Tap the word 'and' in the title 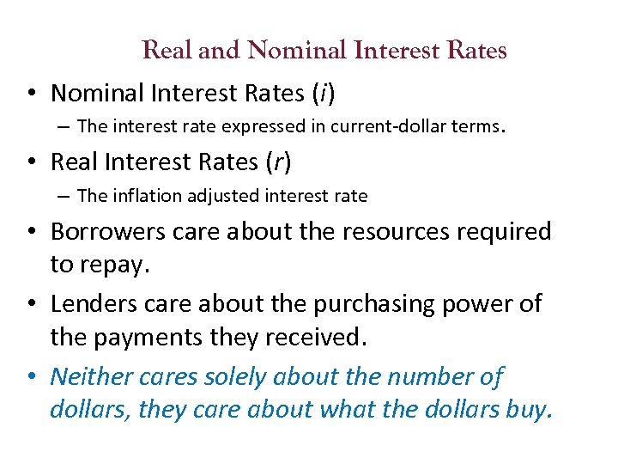pos(220,51)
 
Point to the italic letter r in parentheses pos(274,162)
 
